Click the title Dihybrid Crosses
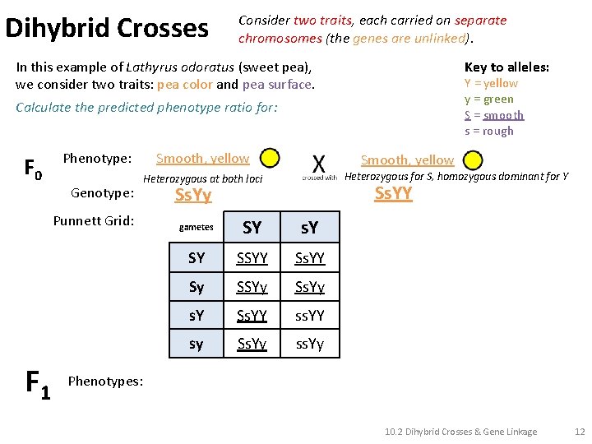[107, 28]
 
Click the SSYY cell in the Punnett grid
[252, 258]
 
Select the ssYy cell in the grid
[310, 344]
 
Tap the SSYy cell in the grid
[252, 287]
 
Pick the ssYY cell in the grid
[310, 315]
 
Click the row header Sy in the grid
[196, 287]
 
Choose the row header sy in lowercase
[196, 344]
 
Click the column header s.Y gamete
[310, 228]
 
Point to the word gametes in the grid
[196, 228]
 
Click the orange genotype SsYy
[193, 195]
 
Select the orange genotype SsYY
[393, 194]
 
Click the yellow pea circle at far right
[472, 160]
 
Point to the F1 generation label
[38, 384]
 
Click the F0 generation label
[33, 169]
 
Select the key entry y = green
[489, 99]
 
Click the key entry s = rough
[489, 131]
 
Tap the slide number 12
[579, 432]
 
